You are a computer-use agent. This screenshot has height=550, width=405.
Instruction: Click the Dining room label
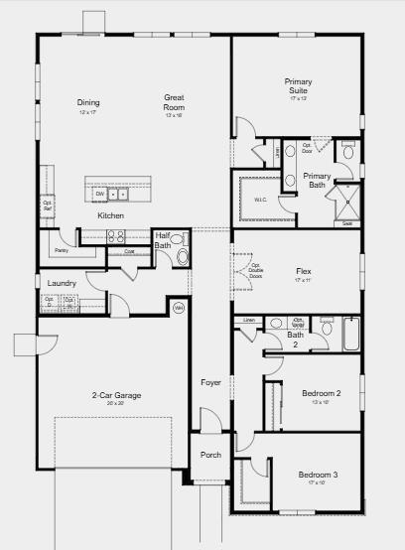click(88, 102)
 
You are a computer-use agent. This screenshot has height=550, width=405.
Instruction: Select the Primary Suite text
click(298, 86)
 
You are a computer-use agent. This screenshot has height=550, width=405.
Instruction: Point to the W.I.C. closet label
click(260, 200)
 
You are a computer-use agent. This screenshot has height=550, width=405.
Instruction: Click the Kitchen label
click(110, 215)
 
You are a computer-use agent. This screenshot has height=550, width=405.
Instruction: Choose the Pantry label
click(62, 235)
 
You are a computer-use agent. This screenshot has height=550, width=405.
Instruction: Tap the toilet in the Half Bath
click(181, 256)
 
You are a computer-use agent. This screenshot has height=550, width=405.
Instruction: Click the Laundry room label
click(62, 284)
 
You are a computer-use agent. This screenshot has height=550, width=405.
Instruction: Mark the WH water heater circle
click(179, 308)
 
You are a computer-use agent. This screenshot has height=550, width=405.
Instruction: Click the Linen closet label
click(248, 321)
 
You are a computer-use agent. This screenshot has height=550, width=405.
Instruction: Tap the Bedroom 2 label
click(321, 394)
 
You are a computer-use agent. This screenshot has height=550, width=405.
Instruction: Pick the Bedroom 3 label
click(318, 476)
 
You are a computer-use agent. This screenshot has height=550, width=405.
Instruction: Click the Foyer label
click(210, 382)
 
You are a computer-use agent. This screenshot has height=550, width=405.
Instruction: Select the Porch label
click(210, 456)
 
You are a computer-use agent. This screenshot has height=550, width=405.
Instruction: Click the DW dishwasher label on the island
click(100, 194)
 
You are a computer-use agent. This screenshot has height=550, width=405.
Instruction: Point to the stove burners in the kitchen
click(115, 236)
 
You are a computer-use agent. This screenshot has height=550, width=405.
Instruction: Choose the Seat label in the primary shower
click(347, 223)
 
